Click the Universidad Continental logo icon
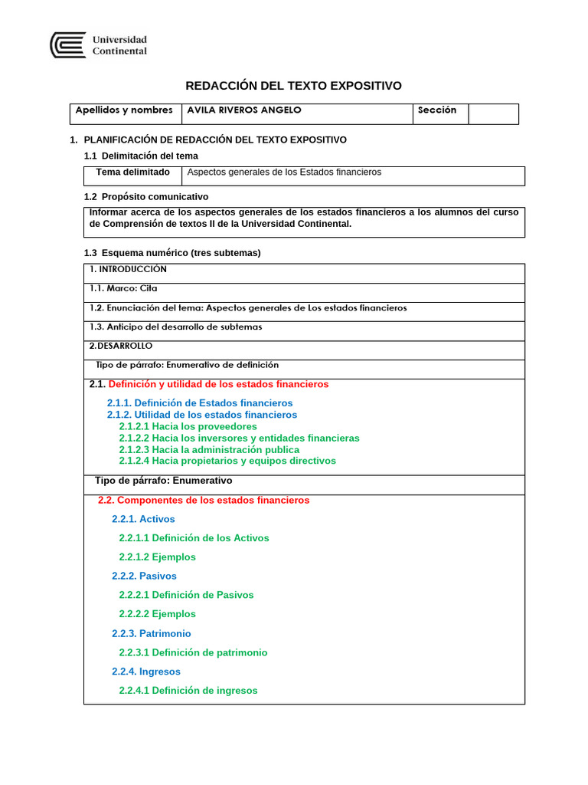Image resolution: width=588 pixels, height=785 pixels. click(67, 44)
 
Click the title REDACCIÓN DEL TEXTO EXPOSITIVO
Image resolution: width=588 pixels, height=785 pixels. click(294, 86)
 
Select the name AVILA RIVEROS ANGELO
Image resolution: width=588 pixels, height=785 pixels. click(244, 110)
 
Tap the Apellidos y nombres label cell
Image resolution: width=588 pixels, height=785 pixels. click(124, 110)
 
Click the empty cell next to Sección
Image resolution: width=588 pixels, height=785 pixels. click(493, 113)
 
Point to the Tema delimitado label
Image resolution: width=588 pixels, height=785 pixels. click(133, 172)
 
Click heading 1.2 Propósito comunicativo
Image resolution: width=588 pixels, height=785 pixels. click(145, 197)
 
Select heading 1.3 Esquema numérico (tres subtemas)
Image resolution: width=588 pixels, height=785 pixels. click(171, 253)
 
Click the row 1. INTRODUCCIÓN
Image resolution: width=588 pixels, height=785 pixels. click(128, 270)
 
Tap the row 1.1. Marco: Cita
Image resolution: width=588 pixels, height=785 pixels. click(125, 289)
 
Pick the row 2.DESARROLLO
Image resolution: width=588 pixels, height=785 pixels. click(121, 347)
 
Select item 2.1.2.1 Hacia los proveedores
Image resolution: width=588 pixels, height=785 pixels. click(188, 426)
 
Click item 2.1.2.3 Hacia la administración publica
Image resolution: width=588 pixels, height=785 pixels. click(209, 450)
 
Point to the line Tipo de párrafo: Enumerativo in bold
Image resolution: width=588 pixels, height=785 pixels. click(163, 481)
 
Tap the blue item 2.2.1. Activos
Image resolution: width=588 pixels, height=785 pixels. click(143, 519)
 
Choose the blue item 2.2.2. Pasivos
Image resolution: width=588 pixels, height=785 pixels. click(144, 576)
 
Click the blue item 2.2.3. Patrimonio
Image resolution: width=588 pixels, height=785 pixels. click(151, 634)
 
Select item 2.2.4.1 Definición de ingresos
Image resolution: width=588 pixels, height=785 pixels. click(188, 691)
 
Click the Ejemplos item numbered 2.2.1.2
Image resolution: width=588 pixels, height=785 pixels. click(157, 557)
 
